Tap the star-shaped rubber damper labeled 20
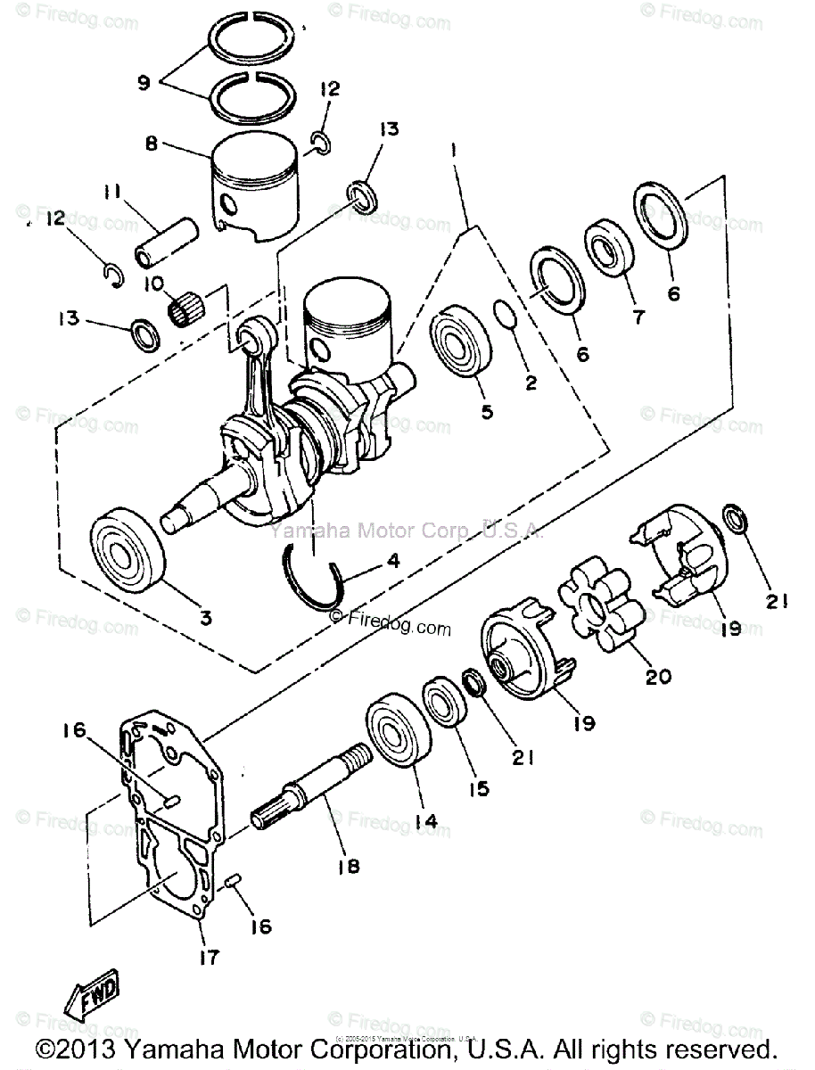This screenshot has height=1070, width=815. (597, 607)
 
